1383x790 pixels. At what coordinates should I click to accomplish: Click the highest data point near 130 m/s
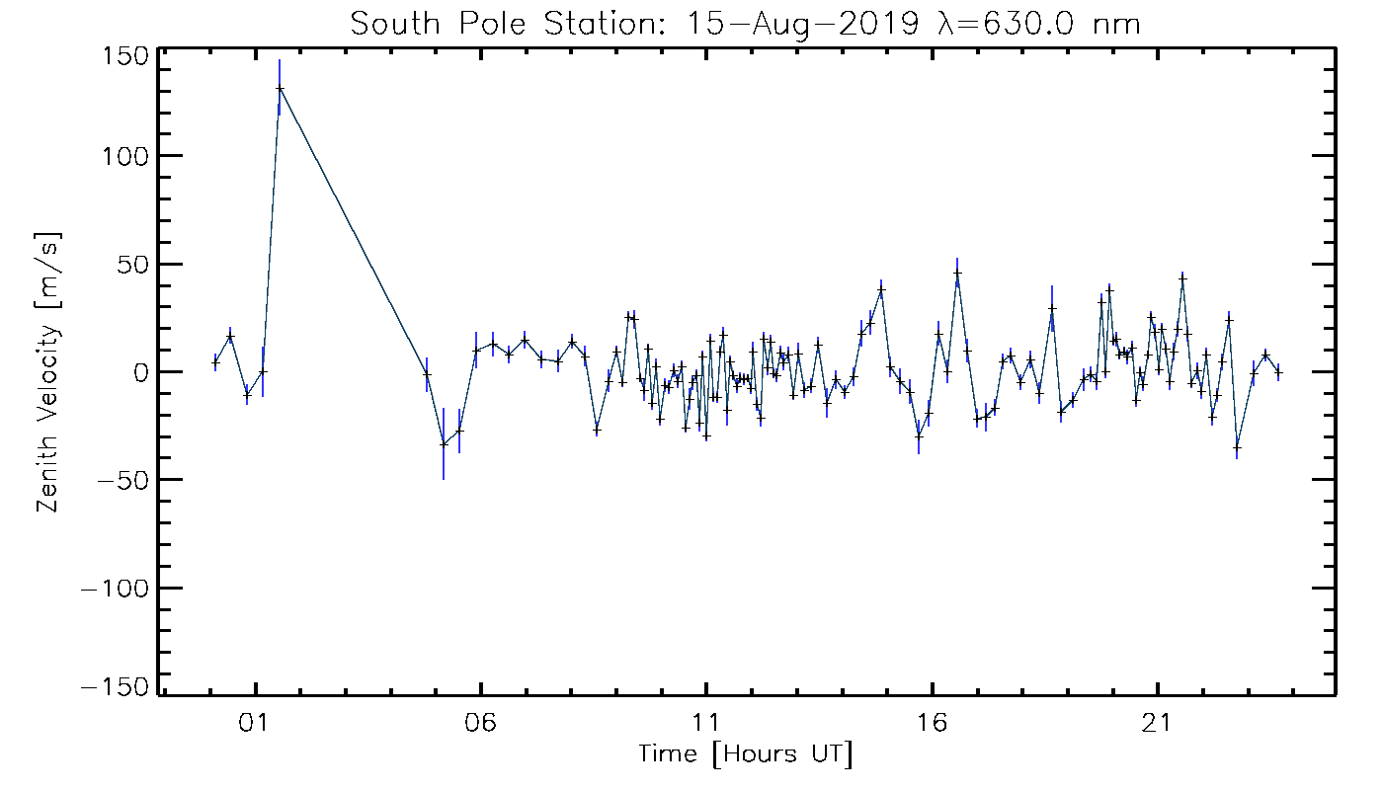(280, 89)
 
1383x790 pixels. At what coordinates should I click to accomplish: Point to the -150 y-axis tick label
(118, 687)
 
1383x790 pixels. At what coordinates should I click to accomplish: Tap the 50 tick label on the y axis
(132, 265)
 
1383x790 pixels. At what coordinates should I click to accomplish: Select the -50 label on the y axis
(123, 480)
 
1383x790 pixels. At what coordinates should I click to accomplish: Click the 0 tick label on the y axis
(139, 372)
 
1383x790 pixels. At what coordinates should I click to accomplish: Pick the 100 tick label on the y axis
(126, 156)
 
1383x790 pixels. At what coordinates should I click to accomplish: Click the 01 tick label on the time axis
(255, 723)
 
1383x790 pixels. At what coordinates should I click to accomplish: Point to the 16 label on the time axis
(932, 723)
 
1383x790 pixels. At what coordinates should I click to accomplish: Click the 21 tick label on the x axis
(1157, 723)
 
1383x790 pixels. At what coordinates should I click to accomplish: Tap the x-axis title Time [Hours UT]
(746, 755)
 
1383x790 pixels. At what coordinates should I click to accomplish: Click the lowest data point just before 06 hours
(444, 444)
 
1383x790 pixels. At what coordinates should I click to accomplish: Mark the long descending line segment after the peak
(353, 231)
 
